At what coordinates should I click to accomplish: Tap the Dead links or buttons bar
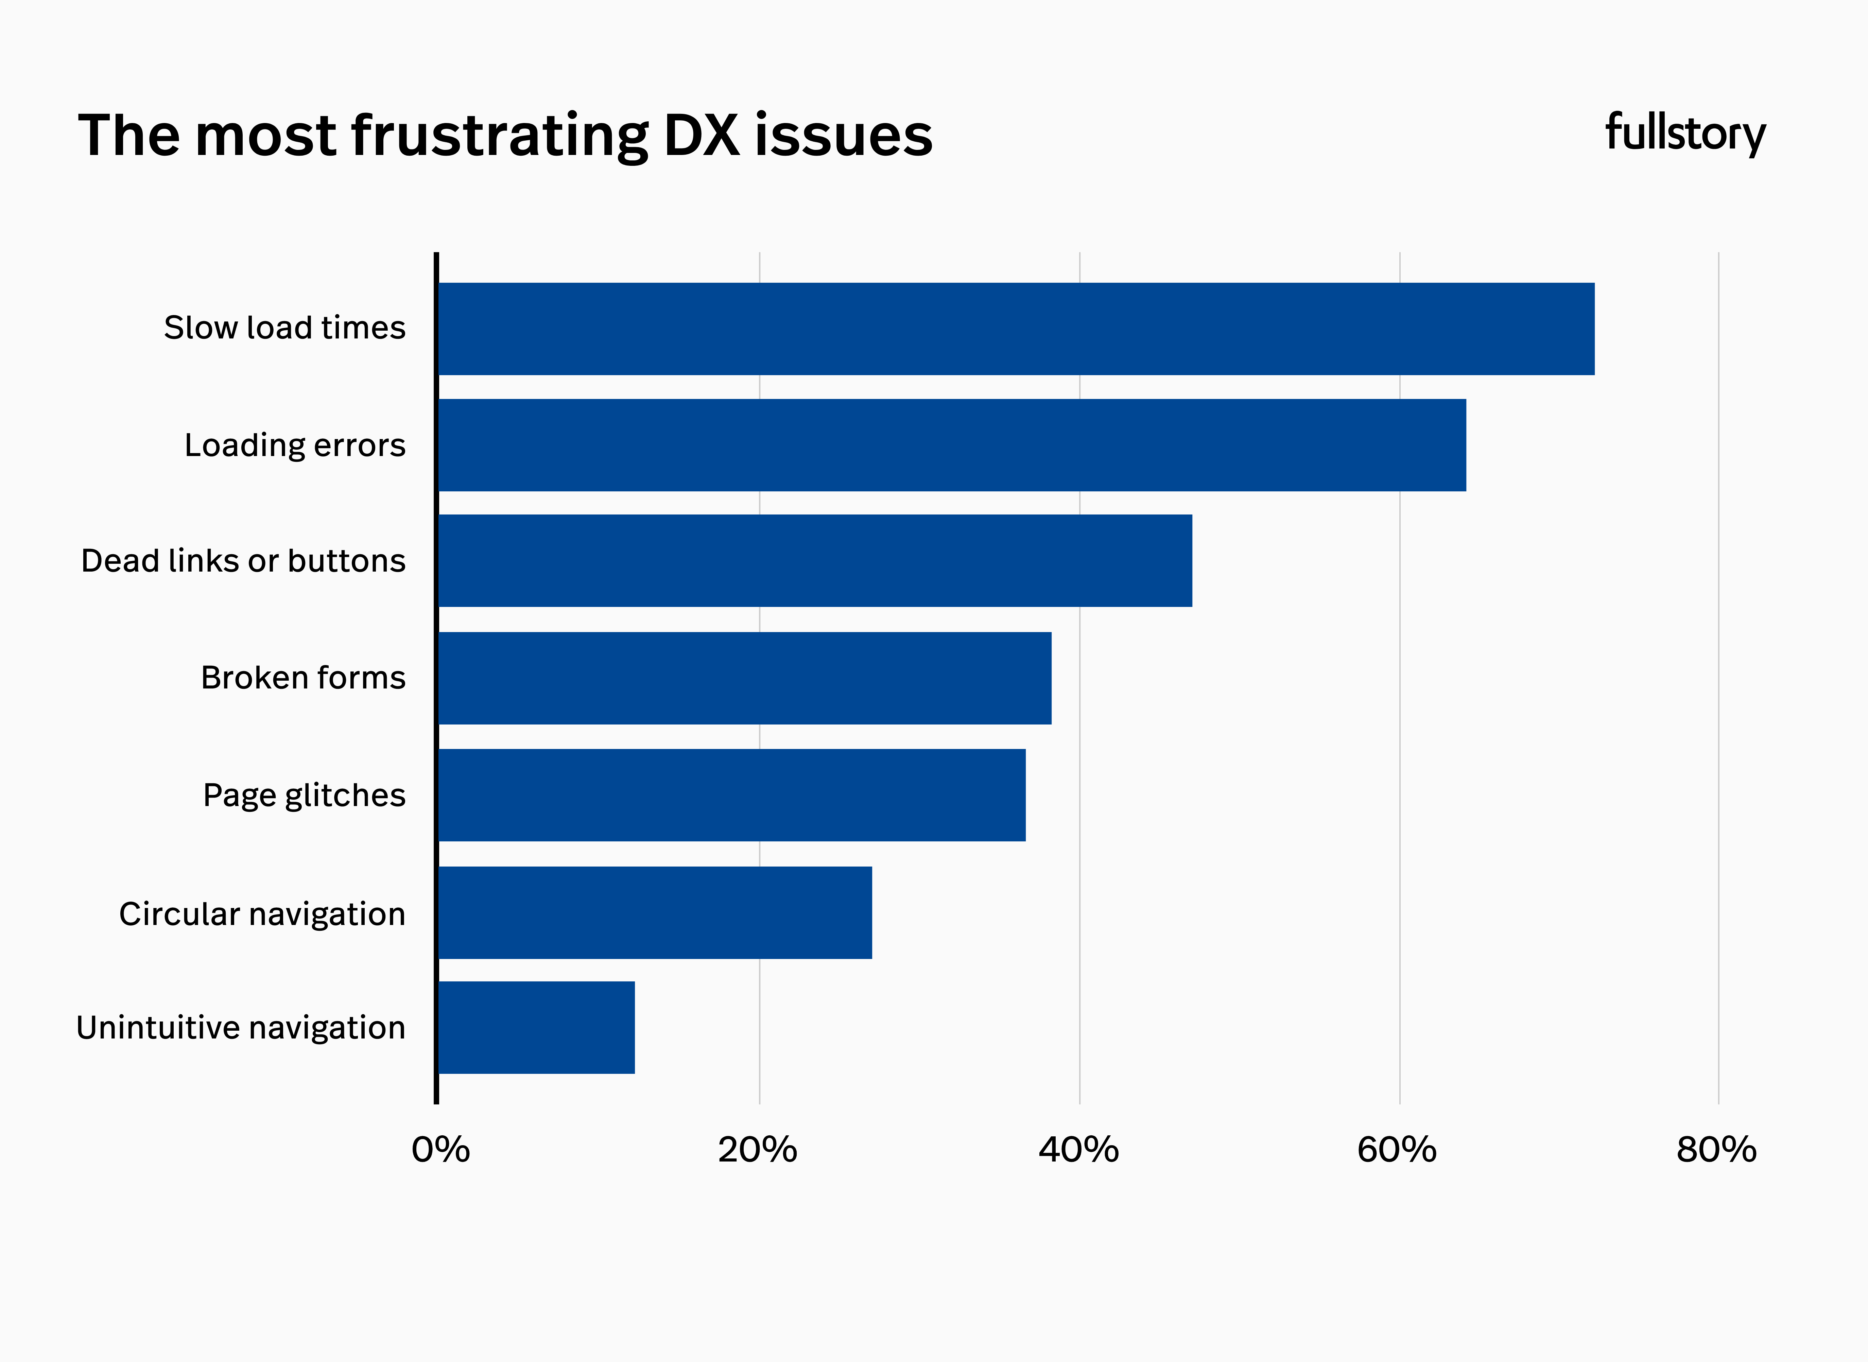click(814, 561)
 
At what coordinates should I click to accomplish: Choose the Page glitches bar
click(731, 795)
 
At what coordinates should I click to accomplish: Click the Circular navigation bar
click(655, 913)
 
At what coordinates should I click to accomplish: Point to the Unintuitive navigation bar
click(536, 1027)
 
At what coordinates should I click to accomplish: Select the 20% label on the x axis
click(758, 1149)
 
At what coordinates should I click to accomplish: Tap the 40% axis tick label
click(1078, 1149)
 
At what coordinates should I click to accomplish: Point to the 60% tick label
click(1397, 1149)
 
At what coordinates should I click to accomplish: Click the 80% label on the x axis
click(1716, 1149)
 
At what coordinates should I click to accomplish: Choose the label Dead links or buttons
click(243, 561)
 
